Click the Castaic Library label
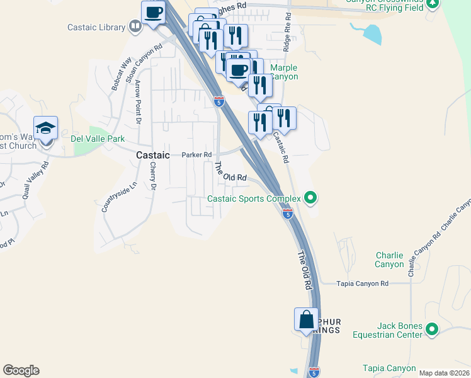click(96, 27)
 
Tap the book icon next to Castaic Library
click(135, 26)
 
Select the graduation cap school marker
click(45, 128)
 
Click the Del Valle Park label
click(98, 139)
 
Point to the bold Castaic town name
click(153, 154)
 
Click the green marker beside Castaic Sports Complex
click(310, 198)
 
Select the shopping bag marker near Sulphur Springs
click(307, 319)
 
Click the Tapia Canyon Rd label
click(363, 284)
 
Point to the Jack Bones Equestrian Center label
click(399, 331)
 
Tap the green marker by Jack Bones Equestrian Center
click(432, 329)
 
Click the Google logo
click(21, 370)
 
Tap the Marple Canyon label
click(283, 72)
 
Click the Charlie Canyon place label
click(389, 260)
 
